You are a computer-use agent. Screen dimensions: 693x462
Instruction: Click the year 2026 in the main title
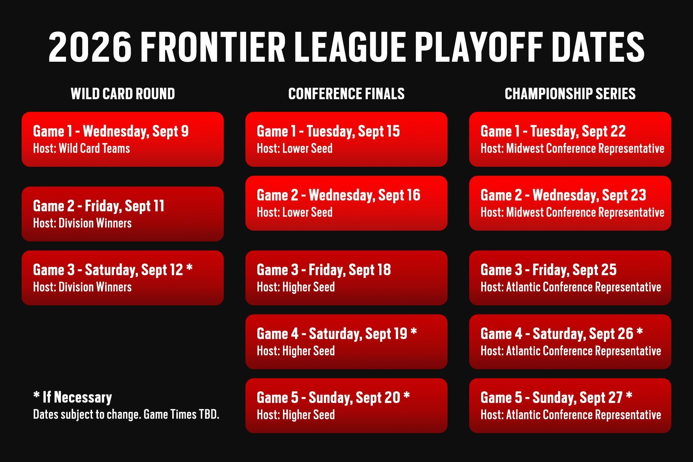tap(90, 47)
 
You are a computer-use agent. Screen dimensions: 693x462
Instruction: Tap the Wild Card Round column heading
tap(123, 94)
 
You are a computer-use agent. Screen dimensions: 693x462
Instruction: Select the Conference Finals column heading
tap(346, 94)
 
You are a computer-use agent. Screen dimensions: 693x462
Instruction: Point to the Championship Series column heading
tap(570, 94)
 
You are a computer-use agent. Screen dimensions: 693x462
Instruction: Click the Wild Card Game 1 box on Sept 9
tap(123, 139)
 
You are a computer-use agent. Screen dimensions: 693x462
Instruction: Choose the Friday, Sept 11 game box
tap(123, 214)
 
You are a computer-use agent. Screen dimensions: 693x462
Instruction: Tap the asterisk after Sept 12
tap(189, 267)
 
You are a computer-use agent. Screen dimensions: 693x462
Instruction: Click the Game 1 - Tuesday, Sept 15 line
tap(328, 131)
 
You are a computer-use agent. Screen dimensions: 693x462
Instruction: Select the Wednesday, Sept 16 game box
tap(346, 203)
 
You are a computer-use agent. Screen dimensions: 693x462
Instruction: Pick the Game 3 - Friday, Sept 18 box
tap(346, 278)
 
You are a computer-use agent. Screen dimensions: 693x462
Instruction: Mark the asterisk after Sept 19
tap(414, 331)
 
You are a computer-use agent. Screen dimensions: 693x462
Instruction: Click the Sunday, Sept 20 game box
tap(346, 406)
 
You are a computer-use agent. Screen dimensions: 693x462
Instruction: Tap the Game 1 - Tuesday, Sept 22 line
tap(553, 131)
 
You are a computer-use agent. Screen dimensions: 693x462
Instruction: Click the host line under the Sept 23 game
tap(572, 212)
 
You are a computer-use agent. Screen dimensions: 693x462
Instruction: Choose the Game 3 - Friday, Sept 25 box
tap(570, 278)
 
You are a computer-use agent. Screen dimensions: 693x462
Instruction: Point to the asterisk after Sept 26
tap(640, 331)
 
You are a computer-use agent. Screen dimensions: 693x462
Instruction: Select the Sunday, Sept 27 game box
tap(570, 406)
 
